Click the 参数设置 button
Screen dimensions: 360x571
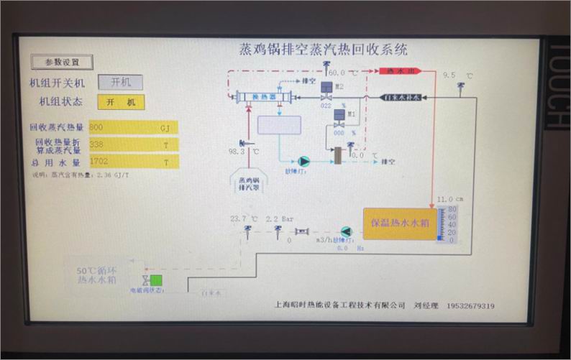click(x=62, y=63)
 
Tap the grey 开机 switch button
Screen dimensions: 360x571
click(x=120, y=83)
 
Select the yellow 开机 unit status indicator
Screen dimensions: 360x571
click(x=120, y=102)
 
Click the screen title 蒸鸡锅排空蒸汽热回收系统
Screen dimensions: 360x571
click(x=323, y=50)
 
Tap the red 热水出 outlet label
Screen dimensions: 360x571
click(x=399, y=72)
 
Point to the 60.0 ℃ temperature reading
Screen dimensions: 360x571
click(x=338, y=73)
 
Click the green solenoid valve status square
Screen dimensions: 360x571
click(x=156, y=281)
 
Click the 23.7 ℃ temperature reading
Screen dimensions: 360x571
click(x=244, y=218)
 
